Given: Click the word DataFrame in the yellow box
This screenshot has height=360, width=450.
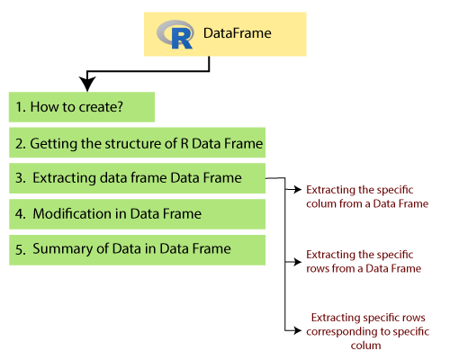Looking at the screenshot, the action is [x=238, y=33].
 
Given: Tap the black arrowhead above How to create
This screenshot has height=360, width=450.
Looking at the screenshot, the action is [x=87, y=84].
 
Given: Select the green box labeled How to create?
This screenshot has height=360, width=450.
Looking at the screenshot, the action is [x=82, y=107].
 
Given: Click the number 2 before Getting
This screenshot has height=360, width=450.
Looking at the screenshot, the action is [x=20, y=144].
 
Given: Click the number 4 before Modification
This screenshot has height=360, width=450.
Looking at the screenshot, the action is [x=20, y=214].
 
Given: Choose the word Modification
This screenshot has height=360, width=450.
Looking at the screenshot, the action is [x=72, y=213].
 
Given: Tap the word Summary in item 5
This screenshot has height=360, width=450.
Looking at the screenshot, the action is [x=62, y=249].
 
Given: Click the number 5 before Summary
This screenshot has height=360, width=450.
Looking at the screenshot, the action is [x=20, y=249].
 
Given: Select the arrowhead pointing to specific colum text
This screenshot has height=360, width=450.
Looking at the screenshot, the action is [x=298, y=189].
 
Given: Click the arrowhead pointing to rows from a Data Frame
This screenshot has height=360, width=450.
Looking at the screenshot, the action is [x=298, y=262].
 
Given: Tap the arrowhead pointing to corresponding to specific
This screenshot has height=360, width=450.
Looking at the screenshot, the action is [x=298, y=330].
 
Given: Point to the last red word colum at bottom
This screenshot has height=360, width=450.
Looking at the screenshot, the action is [x=365, y=346].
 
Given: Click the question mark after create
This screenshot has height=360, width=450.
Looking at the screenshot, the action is [x=120, y=107].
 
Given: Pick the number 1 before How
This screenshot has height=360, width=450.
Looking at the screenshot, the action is [x=20, y=107].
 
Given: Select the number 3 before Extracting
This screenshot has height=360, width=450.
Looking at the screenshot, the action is [x=20, y=178].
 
